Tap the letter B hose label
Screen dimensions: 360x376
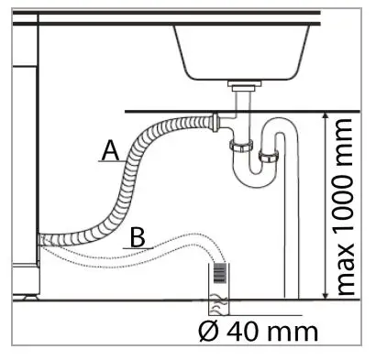click(137, 237)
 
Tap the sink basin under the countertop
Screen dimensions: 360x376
click(244, 50)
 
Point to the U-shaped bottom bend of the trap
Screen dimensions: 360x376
click(251, 175)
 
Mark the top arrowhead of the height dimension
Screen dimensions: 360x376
click(326, 115)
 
